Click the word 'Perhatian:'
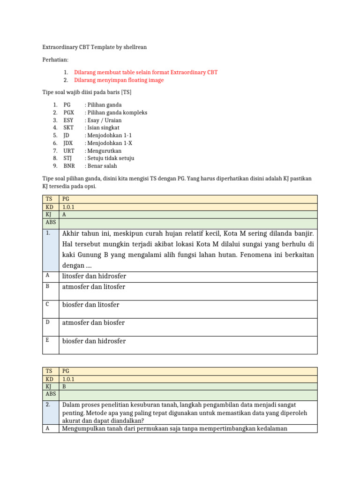55,60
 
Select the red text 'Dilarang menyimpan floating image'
119,80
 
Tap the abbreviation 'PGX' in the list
69,112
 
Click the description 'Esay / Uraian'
103,120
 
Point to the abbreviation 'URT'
69,151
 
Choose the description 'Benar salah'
101,166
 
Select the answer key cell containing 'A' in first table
65,214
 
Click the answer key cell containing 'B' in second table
65,386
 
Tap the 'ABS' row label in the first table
51,223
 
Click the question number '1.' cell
49,233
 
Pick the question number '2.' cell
49,405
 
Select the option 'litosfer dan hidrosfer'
94,276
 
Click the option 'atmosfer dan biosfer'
93,323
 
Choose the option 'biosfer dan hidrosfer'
94,341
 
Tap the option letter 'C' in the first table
48,305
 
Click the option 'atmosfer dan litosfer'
94,287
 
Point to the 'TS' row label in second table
49,371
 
